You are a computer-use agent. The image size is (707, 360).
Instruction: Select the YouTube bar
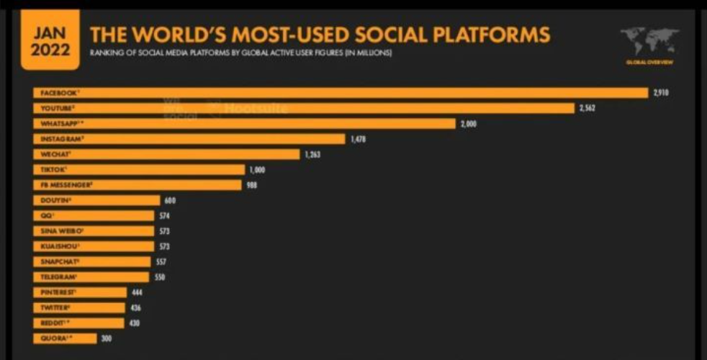pyautogui.click(x=303, y=108)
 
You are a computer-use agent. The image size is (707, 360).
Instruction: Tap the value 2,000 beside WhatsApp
pyautogui.click(x=468, y=124)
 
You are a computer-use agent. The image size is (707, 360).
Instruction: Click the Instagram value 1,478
pyautogui.click(x=358, y=139)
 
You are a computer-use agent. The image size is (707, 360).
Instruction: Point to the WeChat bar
pyautogui.click(x=166, y=154)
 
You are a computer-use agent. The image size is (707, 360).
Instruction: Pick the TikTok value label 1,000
pyautogui.click(x=258, y=170)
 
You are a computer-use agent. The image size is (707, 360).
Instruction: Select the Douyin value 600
pyautogui.click(x=170, y=201)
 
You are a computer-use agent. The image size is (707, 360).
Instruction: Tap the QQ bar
pyautogui.click(x=94, y=216)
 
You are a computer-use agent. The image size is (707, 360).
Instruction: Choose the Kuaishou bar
pyautogui.click(x=94, y=246)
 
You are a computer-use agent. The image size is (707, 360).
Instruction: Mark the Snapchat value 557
pyautogui.click(x=161, y=262)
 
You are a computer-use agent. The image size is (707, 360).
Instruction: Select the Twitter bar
pyautogui.click(x=79, y=307)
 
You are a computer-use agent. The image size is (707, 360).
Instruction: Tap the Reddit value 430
pyautogui.click(x=134, y=323)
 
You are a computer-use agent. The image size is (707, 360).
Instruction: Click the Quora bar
pyautogui.click(x=65, y=338)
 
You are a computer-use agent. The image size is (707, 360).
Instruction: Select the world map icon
pyautogui.click(x=649, y=41)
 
